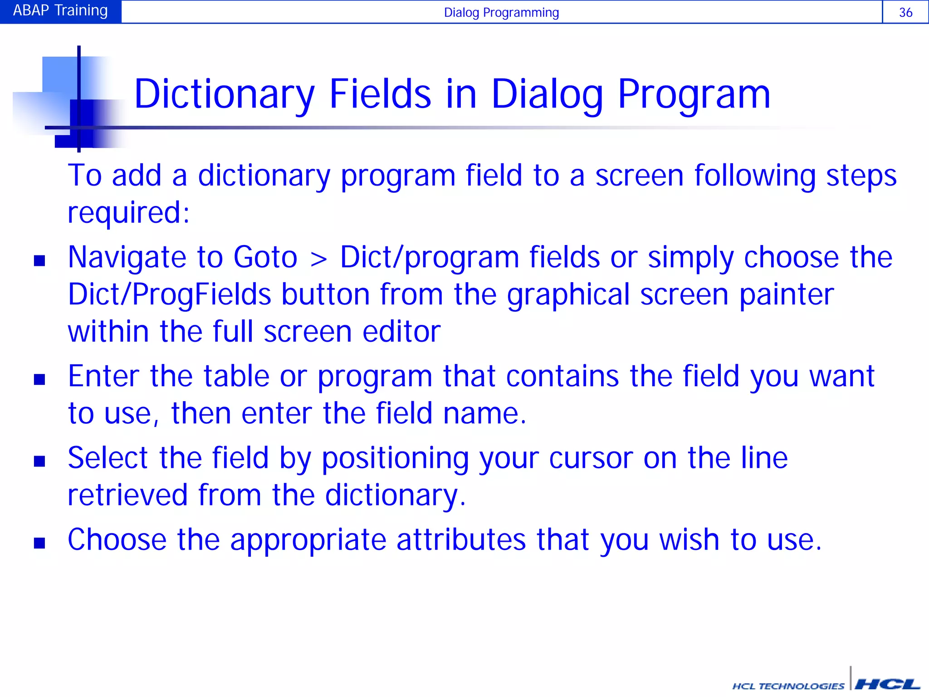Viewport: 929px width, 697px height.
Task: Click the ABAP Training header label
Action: pyautogui.click(x=60, y=10)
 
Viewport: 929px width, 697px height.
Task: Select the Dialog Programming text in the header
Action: pyautogui.click(x=501, y=12)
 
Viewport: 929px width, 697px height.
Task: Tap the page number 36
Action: pyautogui.click(x=905, y=12)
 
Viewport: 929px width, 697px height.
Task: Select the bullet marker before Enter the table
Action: pyautogui.click(x=39, y=379)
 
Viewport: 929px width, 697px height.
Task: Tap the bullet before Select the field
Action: pyautogui.click(x=39, y=461)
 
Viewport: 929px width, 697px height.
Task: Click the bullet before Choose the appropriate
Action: pyautogui.click(x=39, y=543)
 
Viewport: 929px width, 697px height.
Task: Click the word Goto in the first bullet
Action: pyautogui.click(x=265, y=258)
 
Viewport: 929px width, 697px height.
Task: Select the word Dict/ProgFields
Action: pyautogui.click(x=169, y=295)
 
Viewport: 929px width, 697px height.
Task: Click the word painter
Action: pyautogui.click(x=787, y=295)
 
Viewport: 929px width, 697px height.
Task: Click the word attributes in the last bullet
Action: pyautogui.click(x=461, y=540)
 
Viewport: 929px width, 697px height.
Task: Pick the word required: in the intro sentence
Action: pyautogui.click(x=128, y=213)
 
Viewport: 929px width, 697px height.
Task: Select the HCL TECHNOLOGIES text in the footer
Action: pyautogui.click(x=788, y=686)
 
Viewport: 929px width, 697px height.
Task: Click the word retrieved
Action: pyautogui.click(x=127, y=495)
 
